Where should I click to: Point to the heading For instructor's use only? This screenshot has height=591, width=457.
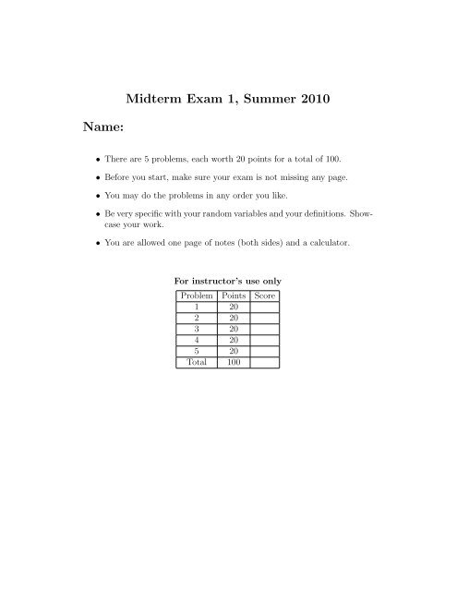click(228, 280)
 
